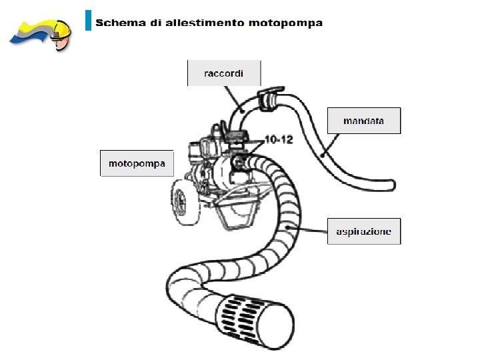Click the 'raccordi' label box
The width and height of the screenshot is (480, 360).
(223, 73)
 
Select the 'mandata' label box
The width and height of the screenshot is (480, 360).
(363, 121)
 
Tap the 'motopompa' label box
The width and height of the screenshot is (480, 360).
(137, 163)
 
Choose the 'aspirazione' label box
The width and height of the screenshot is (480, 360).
(363, 231)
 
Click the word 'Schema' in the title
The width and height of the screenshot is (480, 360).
(119, 23)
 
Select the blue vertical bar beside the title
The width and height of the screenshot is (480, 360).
(88, 20)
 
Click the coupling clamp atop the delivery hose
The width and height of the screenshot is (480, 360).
(269, 99)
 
